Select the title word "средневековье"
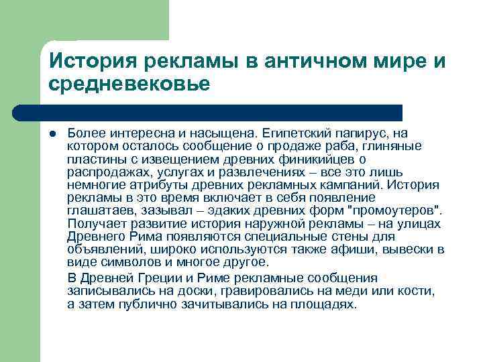coord(129,84)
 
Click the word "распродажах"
coord(101,172)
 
